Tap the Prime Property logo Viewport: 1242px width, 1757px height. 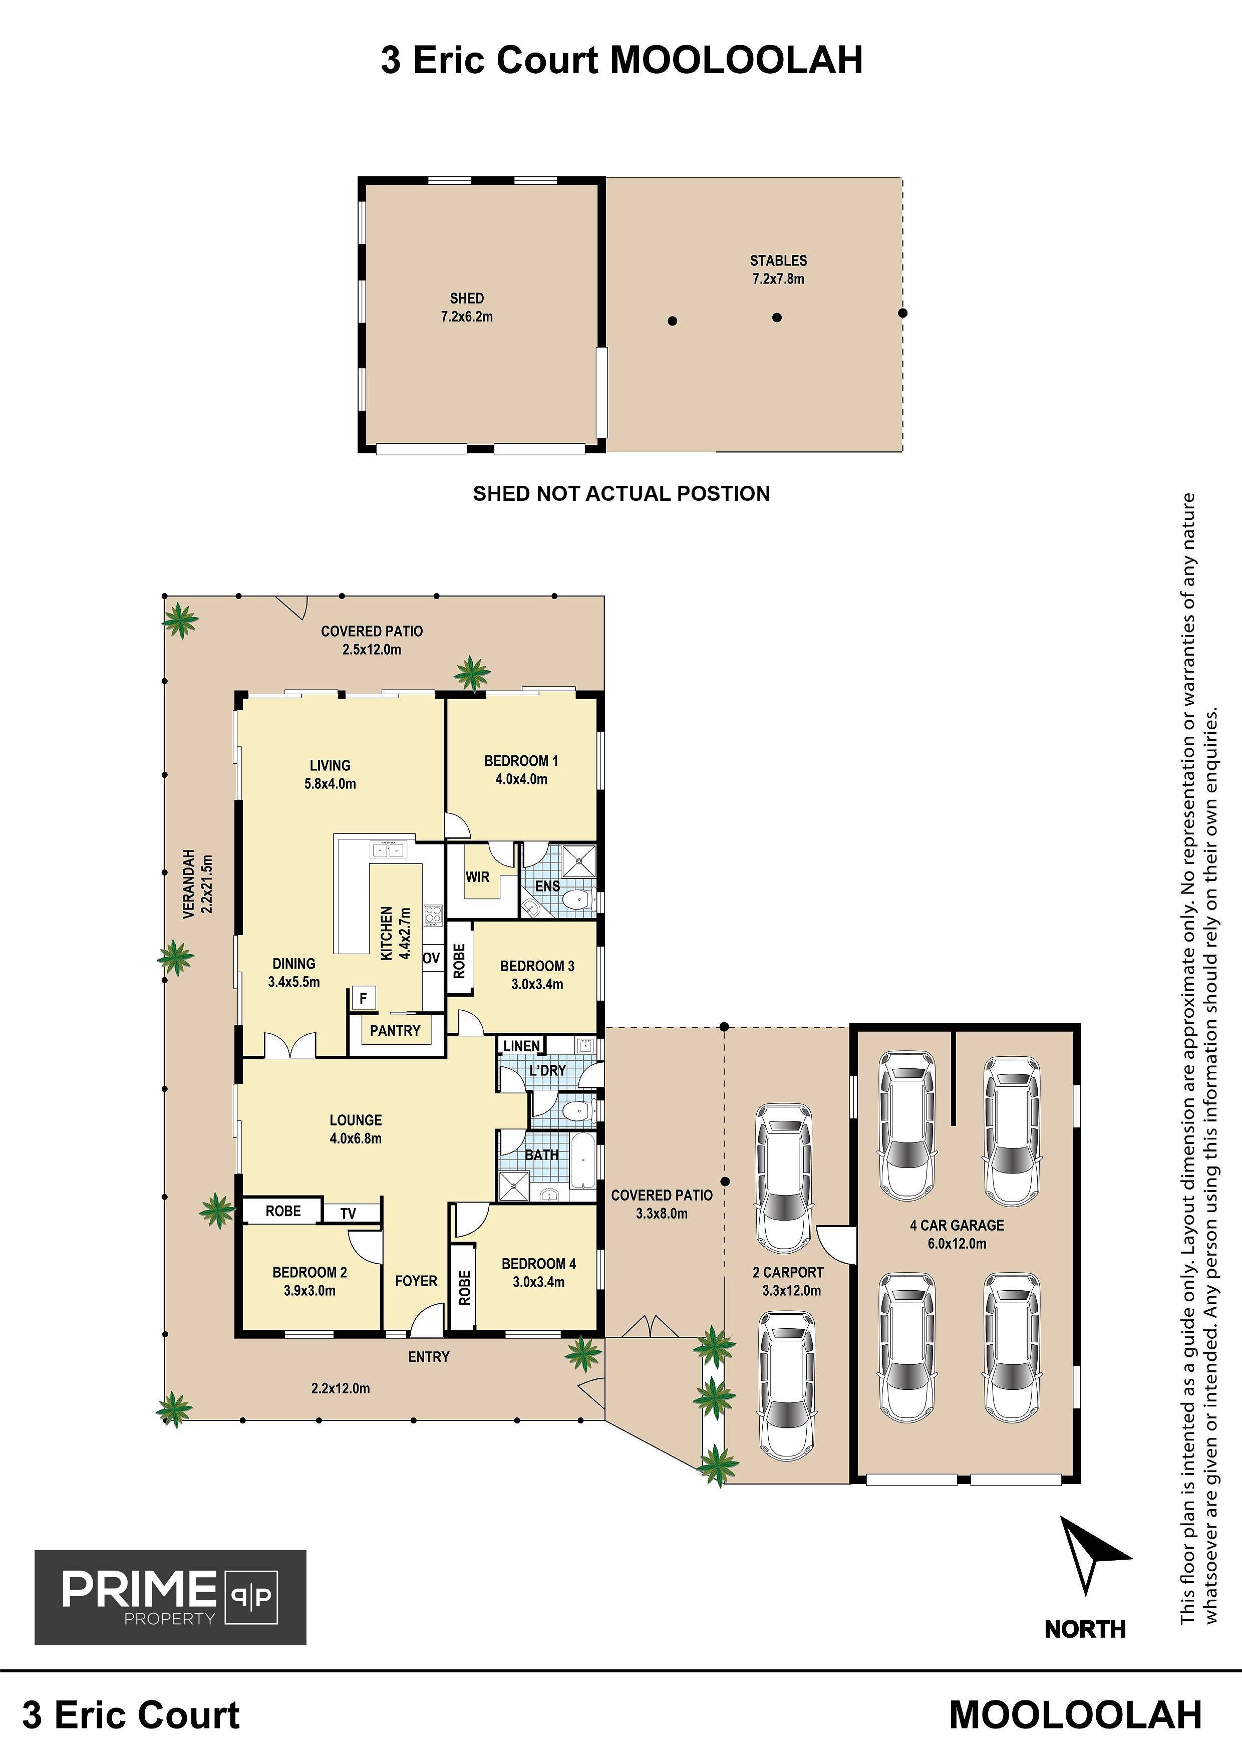(170, 1597)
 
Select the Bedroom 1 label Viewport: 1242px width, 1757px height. (521, 770)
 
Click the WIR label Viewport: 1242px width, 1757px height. (477, 877)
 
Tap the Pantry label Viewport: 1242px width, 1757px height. (395, 1031)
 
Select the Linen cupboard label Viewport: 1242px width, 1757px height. (522, 1045)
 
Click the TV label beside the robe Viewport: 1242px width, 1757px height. (348, 1213)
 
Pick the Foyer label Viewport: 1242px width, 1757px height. (416, 1280)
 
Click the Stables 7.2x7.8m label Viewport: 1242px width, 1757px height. (778, 269)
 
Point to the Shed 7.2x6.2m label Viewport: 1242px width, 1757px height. (467, 307)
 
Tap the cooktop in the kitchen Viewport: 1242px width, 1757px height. (434, 915)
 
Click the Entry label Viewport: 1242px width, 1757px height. (429, 1357)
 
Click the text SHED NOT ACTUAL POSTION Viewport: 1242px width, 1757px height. (622, 493)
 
